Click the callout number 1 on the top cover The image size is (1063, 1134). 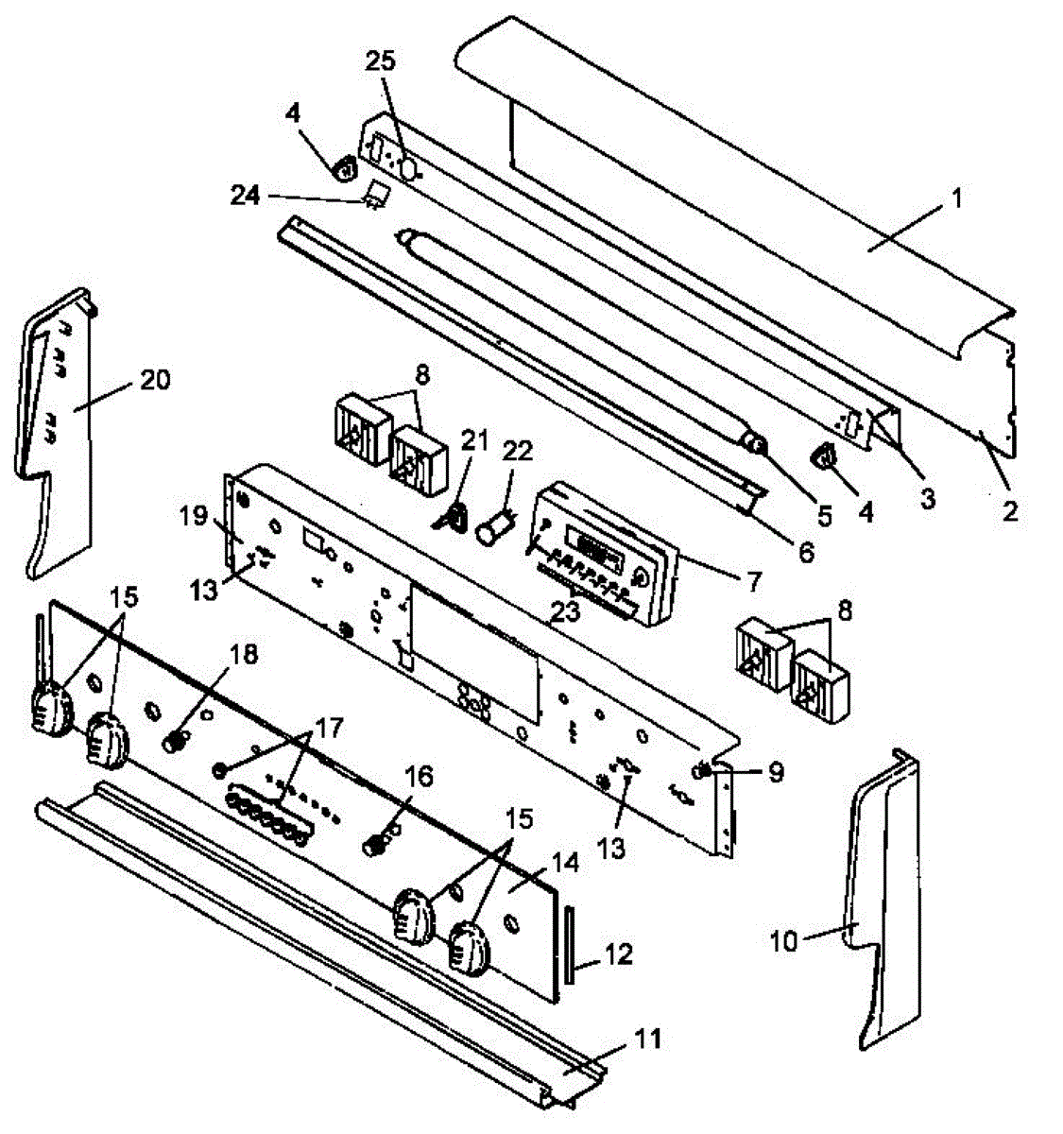click(x=957, y=199)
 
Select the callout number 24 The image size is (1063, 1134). click(x=248, y=196)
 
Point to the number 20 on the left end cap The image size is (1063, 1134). click(x=155, y=380)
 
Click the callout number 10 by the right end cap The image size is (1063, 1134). click(x=783, y=940)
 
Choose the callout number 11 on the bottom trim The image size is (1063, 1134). click(x=648, y=1040)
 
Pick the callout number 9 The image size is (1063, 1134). click(x=776, y=773)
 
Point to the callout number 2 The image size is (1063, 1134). click(x=1010, y=511)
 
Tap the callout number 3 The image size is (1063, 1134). click(x=927, y=499)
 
